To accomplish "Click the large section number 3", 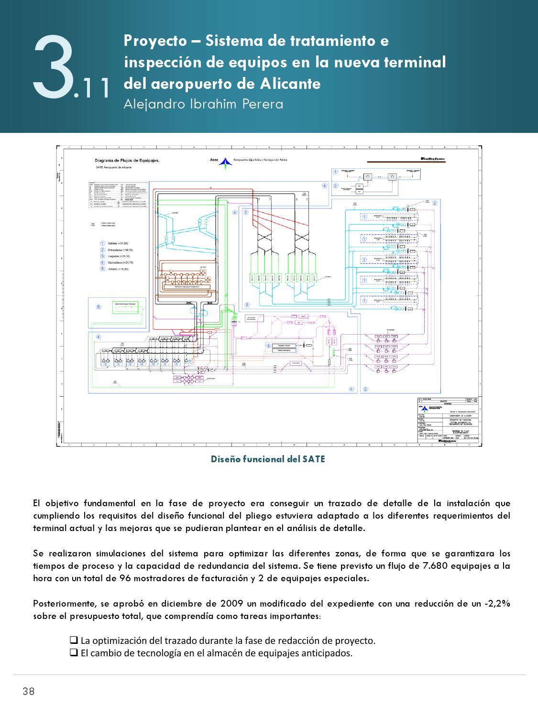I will tap(53, 67).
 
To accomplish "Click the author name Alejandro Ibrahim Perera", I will tap(203, 104).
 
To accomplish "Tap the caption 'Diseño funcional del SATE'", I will tap(268, 459).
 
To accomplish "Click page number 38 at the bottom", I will tap(28, 691).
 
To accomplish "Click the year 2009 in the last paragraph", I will tap(230, 603).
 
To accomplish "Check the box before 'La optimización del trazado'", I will tap(74, 640).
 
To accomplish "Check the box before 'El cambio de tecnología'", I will tap(74, 652).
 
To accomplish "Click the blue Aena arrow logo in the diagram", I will tap(224, 163).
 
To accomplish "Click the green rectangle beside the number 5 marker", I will tap(125, 307).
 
